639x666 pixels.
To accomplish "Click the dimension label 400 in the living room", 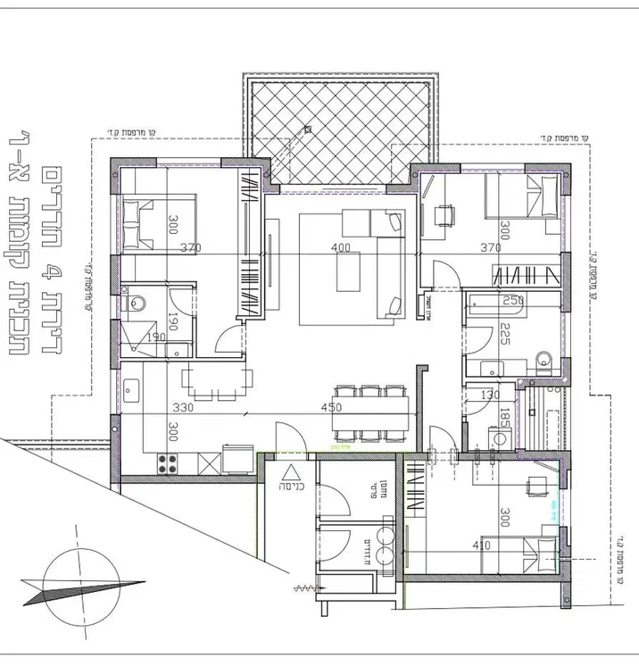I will (340, 247).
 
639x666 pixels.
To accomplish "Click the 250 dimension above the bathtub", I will (512, 301).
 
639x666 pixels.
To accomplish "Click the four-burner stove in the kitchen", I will (168, 462).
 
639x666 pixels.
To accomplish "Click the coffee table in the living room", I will (348, 271).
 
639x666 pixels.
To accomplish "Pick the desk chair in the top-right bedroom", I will (442, 214).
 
